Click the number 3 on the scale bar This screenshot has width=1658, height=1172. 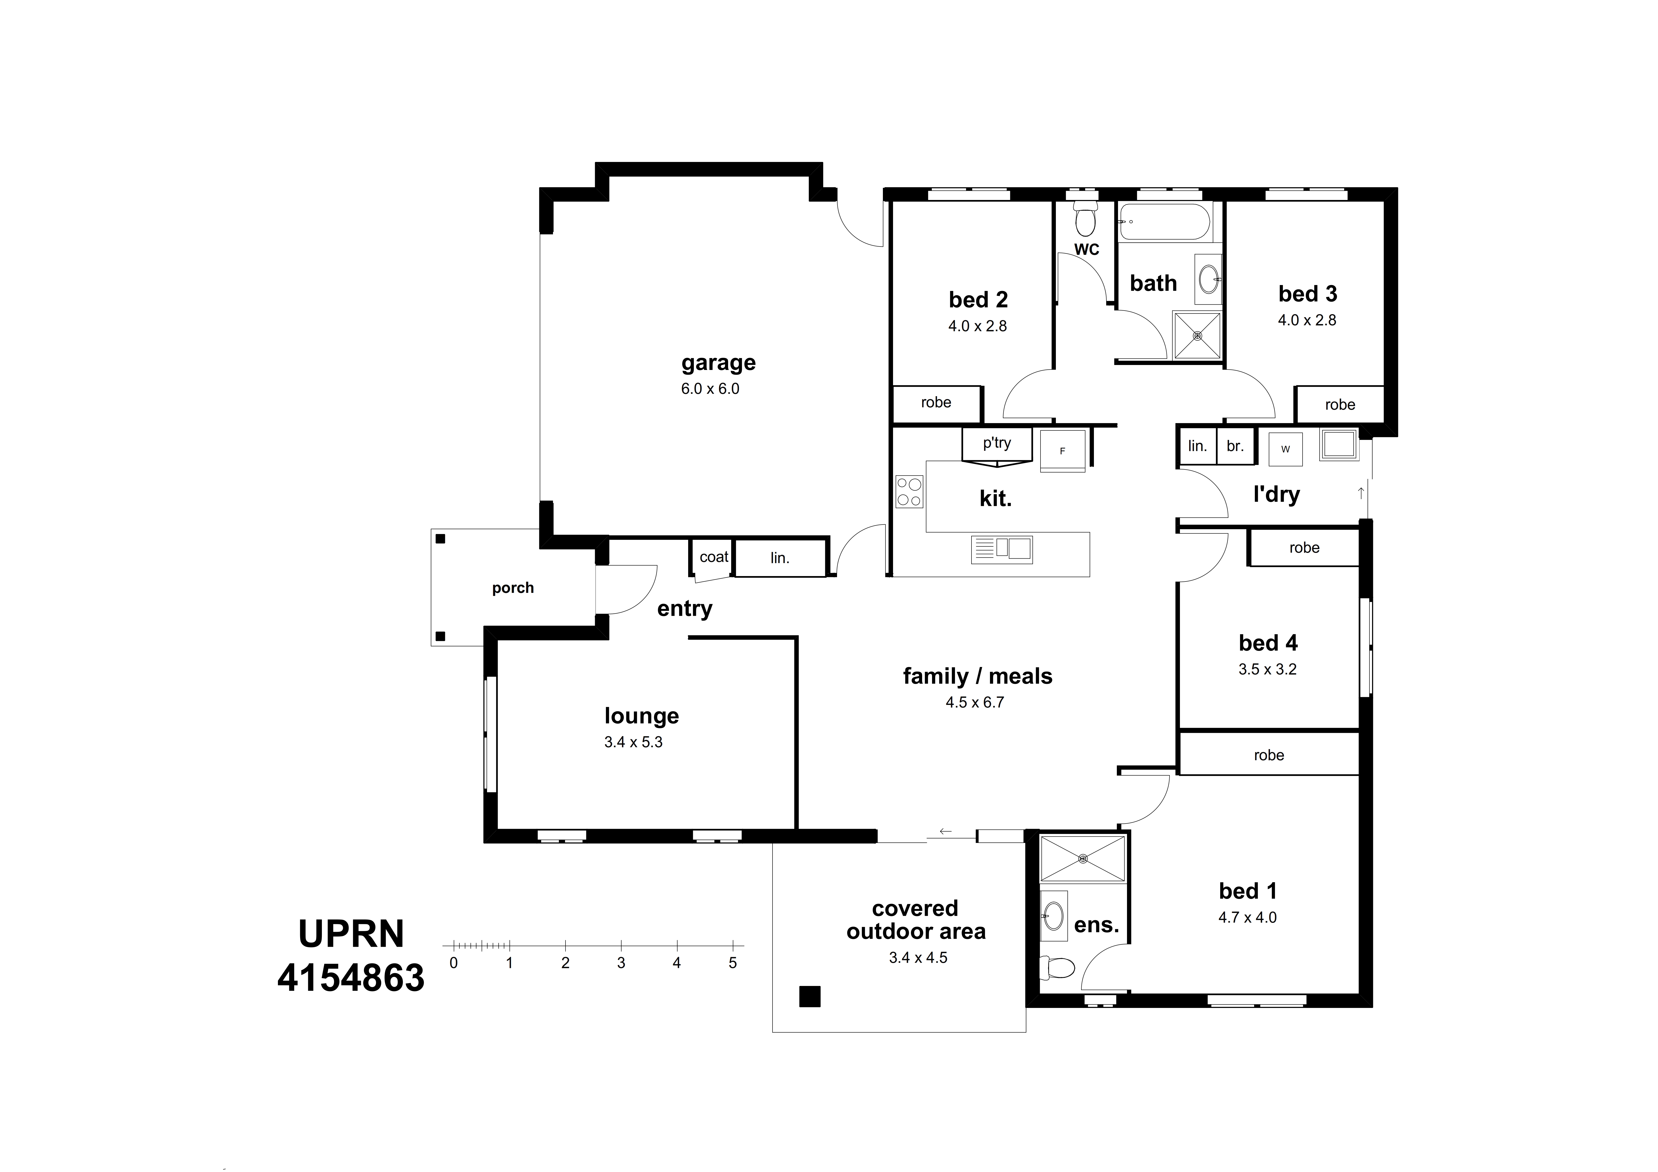tap(621, 963)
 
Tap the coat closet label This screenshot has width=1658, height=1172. tap(713, 557)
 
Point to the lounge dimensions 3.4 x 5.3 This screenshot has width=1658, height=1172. tap(633, 742)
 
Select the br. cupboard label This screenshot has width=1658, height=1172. tap(1235, 446)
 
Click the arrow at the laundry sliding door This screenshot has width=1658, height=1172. tap(1361, 493)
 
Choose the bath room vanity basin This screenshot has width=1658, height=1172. tap(1208, 279)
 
